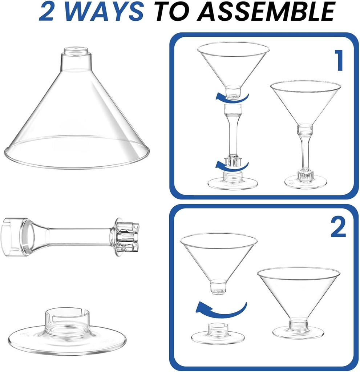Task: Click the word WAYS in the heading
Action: coord(106,11)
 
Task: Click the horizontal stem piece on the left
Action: coord(73,236)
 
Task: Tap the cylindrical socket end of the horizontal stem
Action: coord(16,236)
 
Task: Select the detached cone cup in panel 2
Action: coord(219,258)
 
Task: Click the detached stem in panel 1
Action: coord(233,134)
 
